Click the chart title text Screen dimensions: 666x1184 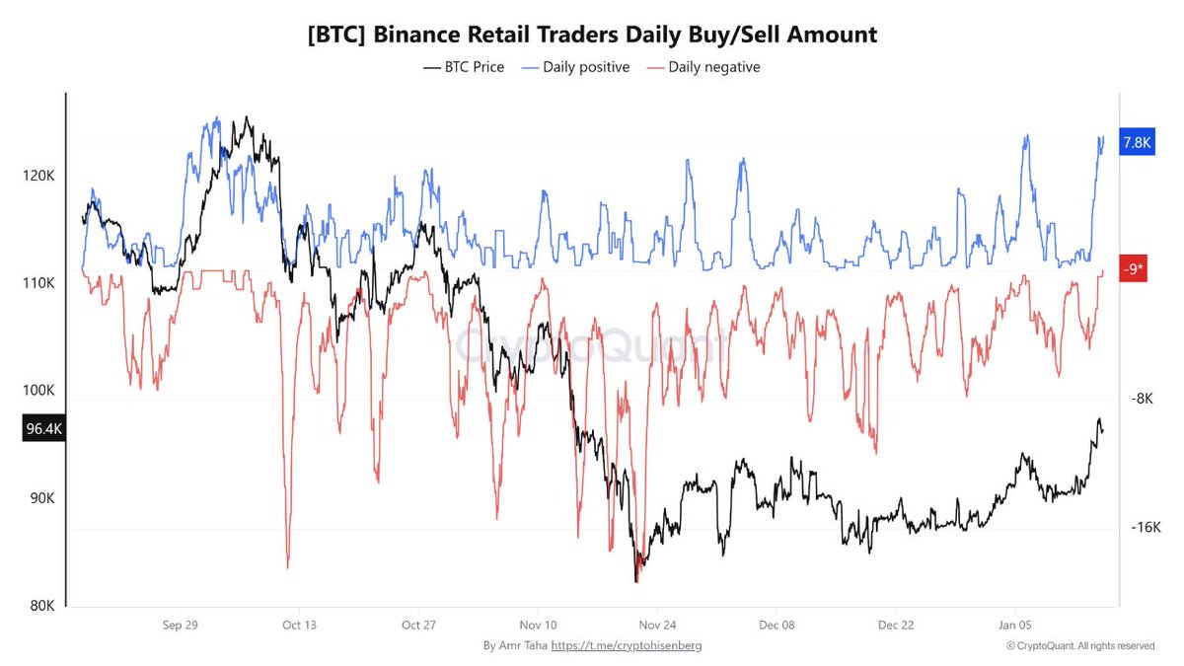coord(592,35)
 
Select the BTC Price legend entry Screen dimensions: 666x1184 coord(464,67)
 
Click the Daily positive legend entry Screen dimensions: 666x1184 coord(576,67)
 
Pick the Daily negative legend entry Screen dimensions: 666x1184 coord(703,67)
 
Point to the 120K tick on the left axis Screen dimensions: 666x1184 coord(38,176)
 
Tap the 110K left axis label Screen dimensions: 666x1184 coord(38,283)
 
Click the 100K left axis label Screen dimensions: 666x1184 coord(38,391)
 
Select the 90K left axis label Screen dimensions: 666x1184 coord(40,498)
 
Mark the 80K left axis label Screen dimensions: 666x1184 coord(40,606)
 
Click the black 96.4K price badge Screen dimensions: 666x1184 coord(43,429)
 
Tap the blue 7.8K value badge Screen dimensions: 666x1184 coord(1137,143)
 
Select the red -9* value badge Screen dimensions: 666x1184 coord(1133,268)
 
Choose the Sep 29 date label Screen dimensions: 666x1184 coord(180,625)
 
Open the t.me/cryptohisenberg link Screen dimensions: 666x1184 coord(626,645)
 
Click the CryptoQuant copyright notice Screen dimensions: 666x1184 coord(1080,645)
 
